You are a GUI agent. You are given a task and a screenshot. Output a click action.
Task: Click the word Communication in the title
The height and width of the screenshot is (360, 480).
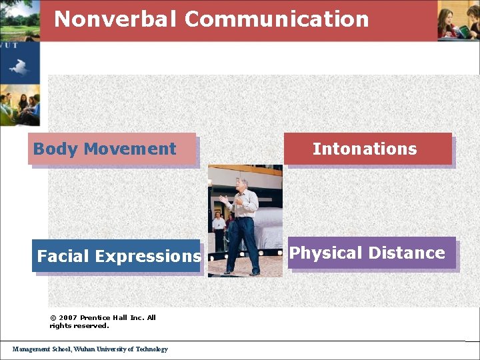(x=277, y=19)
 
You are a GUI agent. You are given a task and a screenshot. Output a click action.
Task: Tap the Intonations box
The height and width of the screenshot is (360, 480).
(x=367, y=149)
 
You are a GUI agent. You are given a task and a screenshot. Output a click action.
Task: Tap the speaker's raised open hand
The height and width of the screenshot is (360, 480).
(x=223, y=198)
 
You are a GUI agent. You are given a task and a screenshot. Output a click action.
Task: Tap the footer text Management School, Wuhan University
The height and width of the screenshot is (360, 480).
(x=90, y=349)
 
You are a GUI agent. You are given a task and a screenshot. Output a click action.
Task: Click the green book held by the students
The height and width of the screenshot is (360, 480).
(x=463, y=31)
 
